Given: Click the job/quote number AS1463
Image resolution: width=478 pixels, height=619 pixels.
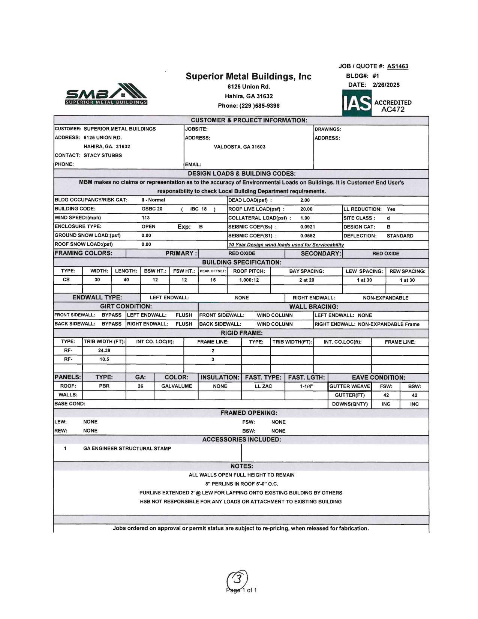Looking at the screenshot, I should pyautogui.click(x=397, y=66).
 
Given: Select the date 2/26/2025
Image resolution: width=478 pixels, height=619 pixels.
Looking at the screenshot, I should pyautogui.click(x=386, y=85).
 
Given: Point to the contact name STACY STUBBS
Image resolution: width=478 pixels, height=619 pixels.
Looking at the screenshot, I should pyautogui.click(x=103, y=155).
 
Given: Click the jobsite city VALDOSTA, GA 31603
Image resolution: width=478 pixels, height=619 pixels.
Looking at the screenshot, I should pyautogui.click(x=240, y=147).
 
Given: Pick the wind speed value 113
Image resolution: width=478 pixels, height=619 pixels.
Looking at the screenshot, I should pyautogui.click(x=146, y=218).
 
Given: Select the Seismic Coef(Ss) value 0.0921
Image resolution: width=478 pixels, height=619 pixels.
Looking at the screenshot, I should pyautogui.click(x=307, y=227).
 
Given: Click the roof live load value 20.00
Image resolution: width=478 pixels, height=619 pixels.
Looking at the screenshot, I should pyautogui.click(x=306, y=209).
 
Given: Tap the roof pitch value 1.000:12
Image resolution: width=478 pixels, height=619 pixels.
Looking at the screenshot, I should pyautogui.click(x=249, y=280).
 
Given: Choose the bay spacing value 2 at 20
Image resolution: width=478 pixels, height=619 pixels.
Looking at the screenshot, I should pyautogui.click(x=306, y=280).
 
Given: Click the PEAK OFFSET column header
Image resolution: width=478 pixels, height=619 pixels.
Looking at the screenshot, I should pyautogui.click(x=213, y=271).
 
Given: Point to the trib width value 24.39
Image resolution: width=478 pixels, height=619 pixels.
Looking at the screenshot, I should pyautogui.click(x=104, y=350).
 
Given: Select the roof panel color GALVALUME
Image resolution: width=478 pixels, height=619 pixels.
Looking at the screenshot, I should pyautogui.click(x=177, y=386).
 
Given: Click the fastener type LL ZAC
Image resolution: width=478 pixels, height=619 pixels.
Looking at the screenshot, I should pyautogui.click(x=263, y=386).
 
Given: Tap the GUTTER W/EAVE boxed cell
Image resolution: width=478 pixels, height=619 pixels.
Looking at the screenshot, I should pyautogui.click(x=350, y=386).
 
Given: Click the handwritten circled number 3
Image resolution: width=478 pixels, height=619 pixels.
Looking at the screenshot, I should pyautogui.click(x=237, y=580).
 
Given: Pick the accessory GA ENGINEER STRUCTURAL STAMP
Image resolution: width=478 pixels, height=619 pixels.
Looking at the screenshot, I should pyautogui.click(x=127, y=448).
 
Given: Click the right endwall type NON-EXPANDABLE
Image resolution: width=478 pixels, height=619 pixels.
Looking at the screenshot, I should pyautogui.click(x=385, y=298).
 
